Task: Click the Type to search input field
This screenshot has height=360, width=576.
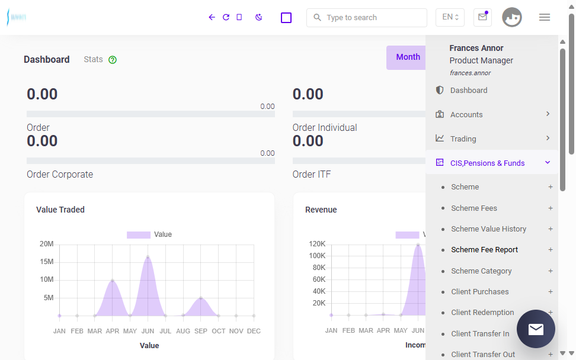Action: (x=367, y=18)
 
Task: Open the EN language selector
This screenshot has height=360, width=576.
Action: (x=450, y=17)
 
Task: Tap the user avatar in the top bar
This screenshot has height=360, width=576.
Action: (x=512, y=17)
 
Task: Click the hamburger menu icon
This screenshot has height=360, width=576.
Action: (x=545, y=17)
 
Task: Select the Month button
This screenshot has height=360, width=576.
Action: (x=408, y=57)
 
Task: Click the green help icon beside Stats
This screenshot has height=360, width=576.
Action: (x=113, y=60)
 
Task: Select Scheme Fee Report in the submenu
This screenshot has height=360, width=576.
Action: (x=485, y=250)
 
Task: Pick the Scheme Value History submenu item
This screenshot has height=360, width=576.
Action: (x=488, y=229)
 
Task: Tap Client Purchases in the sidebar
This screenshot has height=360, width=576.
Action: (x=480, y=292)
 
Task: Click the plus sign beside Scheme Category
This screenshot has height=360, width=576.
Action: (x=551, y=271)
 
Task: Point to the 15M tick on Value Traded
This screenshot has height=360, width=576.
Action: (x=47, y=262)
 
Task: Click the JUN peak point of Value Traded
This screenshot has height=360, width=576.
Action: (x=148, y=257)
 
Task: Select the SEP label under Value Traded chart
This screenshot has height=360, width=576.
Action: (x=200, y=331)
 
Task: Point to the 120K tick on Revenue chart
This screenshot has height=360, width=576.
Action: (x=317, y=244)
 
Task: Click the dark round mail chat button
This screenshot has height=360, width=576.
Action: (x=536, y=329)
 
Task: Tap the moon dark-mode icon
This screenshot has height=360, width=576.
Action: (x=258, y=17)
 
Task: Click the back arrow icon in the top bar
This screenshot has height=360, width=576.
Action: (x=212, y=17)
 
